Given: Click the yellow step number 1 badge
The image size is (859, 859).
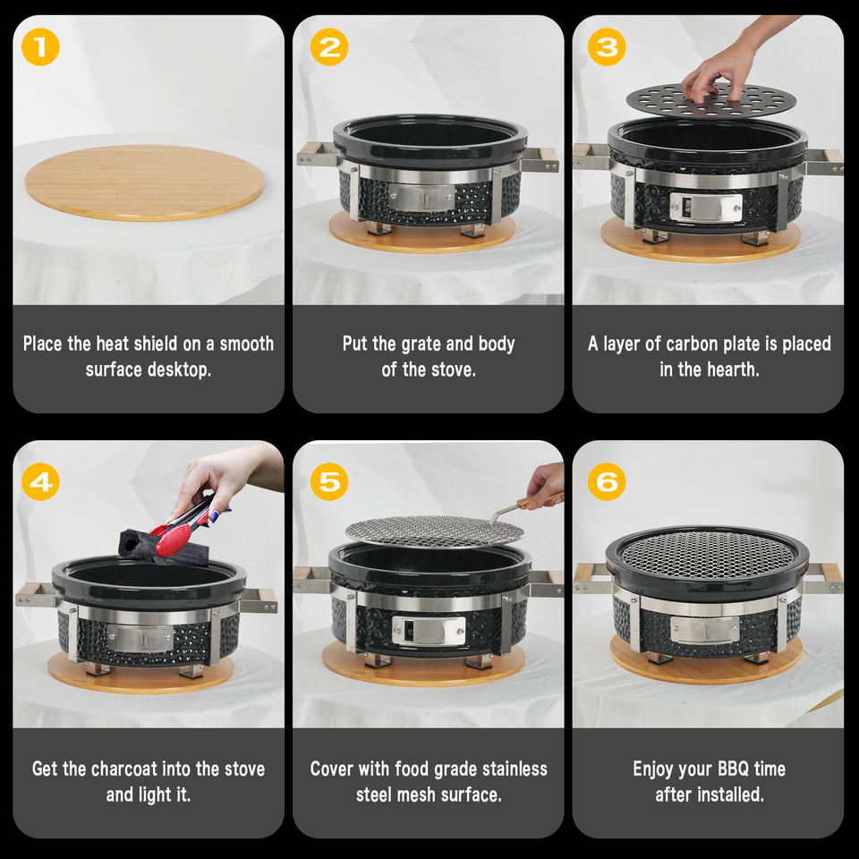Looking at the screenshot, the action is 40,47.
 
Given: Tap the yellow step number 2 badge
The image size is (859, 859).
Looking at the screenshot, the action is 328,47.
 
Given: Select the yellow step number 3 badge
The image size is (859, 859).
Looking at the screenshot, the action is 607,47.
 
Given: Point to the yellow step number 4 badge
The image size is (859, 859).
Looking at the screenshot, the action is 40,481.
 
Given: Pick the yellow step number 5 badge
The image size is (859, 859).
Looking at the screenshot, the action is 328,481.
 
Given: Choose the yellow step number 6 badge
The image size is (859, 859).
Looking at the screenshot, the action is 607,481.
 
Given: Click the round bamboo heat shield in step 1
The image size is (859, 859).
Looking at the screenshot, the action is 145,182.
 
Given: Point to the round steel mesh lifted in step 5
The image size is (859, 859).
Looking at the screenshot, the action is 434,531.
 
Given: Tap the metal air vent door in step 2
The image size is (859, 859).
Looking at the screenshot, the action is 421,198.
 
